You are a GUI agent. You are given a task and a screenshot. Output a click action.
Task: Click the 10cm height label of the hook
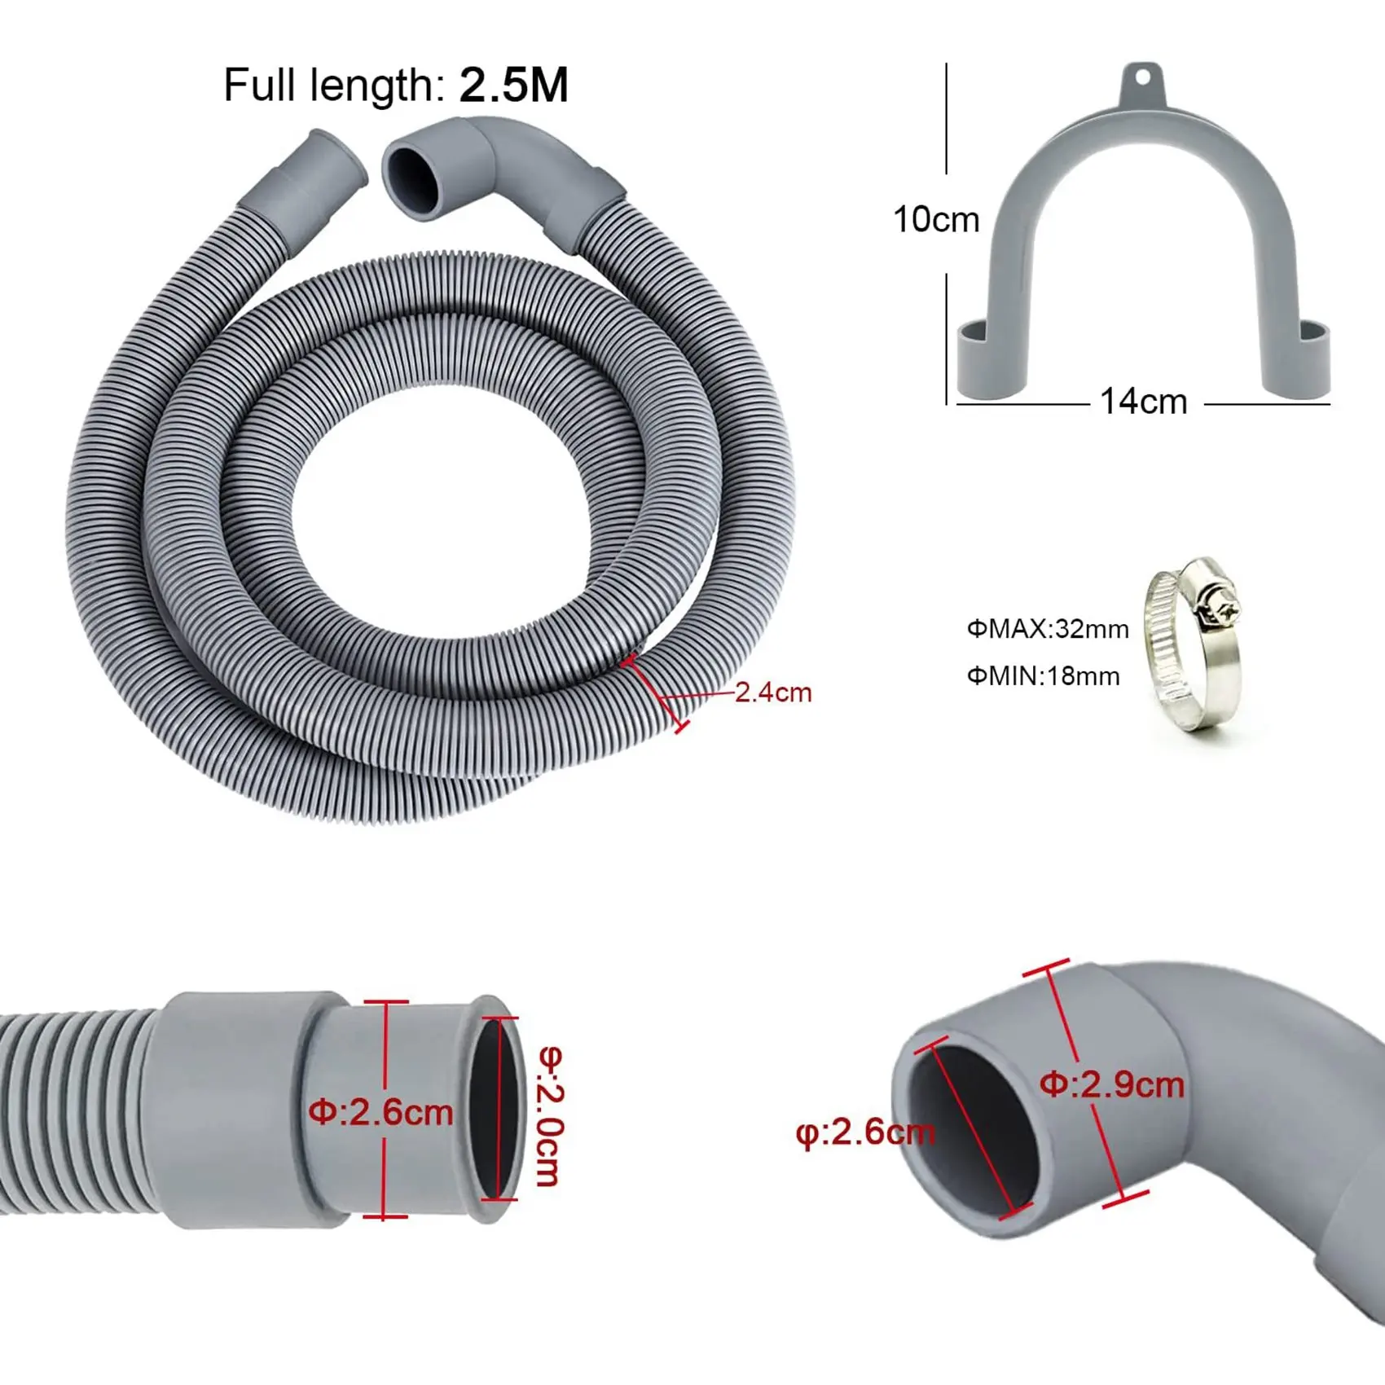coord(935,220)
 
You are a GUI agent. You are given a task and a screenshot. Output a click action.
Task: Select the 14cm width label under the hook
coord(1143,402)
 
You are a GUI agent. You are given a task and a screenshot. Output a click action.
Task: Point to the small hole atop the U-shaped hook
coord(1143,78)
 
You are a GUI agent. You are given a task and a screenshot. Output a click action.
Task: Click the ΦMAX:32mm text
coord(1048,629)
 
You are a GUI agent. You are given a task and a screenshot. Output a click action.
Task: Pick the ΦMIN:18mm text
coord(1043,676)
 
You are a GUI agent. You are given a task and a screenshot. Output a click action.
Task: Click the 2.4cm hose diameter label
coord(773,692)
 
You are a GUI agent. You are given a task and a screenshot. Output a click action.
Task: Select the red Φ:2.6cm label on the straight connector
coord(380,1112)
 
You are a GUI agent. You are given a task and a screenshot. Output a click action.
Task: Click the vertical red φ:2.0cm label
coord(551,1115)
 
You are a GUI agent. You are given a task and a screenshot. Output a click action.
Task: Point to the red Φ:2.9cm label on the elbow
coord(1111,1084)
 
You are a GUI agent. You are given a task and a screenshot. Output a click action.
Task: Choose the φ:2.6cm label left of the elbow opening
coord(864,1132)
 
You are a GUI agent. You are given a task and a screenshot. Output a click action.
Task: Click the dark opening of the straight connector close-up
coord(495,1109)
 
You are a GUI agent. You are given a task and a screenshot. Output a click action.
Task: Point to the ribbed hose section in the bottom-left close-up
coord(73,1112)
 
